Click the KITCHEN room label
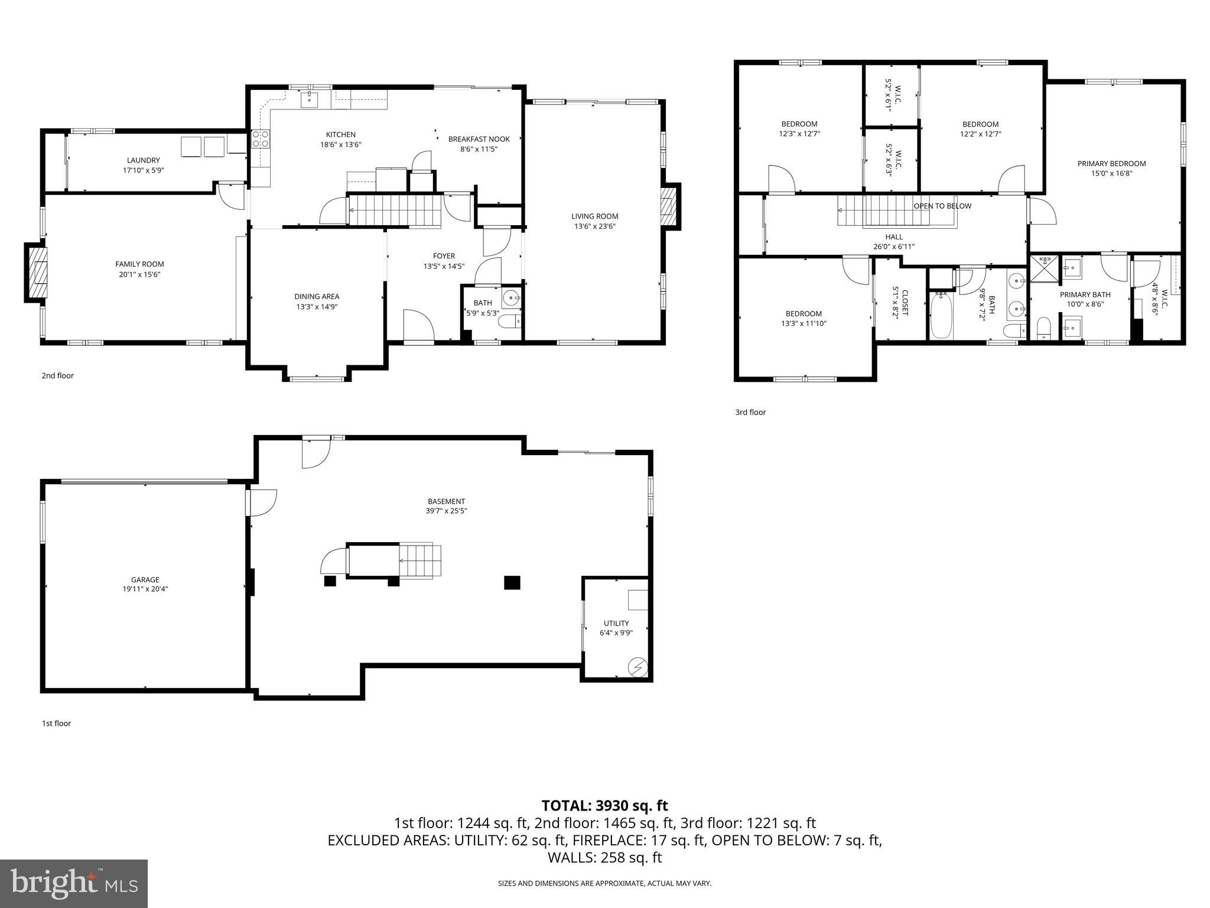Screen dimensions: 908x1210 coord(341,135)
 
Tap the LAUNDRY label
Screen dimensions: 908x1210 coord(143,160)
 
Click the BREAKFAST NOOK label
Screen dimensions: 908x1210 coord(479,140)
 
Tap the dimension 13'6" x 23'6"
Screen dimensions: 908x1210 coord(594,226)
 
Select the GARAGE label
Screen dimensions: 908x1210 coord(145,580)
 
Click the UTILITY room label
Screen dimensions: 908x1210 coord(616,623)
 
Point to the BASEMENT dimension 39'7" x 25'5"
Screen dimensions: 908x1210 coord(446,511)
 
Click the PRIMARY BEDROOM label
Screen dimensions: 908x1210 coord(1111,164)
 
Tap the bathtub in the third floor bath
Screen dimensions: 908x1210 coord(941,316)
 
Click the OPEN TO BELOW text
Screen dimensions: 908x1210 coord(942,206)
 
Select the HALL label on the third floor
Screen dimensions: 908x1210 coord(894,237)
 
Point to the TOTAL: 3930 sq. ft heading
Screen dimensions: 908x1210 coord(604,806)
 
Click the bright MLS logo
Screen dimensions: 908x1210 coord(74,883)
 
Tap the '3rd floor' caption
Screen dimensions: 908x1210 coord(750,413)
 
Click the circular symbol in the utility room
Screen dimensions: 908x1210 coord(638,667)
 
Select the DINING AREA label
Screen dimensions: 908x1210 coord(317,297)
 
